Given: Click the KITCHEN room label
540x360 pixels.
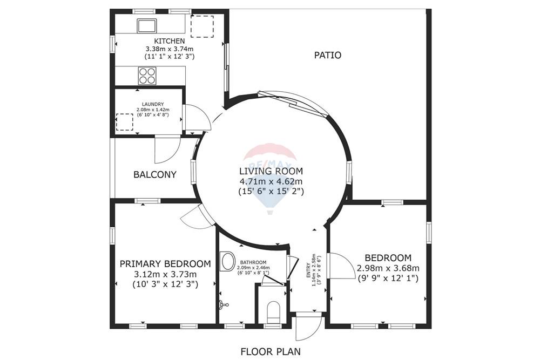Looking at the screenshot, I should (170, 41).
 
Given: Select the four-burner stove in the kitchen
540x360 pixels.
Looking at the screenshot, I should (147, 75).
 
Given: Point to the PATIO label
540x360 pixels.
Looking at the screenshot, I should (328, 55).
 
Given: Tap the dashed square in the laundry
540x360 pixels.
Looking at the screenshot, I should (125, 121).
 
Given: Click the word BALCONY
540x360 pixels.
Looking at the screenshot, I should (155, 174).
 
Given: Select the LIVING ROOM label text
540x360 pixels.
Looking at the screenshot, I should (271, 171).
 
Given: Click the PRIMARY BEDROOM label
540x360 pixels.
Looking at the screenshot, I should (165, 264).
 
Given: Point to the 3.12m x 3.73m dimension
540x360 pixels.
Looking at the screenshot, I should (165, 274).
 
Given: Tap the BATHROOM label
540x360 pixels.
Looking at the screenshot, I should (254, 263).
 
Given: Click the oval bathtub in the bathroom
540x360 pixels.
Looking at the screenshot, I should (228, 262).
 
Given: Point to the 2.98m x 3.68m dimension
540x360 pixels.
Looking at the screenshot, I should (388, 268).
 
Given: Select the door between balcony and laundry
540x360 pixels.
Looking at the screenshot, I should (167, 150).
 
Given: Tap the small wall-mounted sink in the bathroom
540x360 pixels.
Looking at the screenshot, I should (223, 305).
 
